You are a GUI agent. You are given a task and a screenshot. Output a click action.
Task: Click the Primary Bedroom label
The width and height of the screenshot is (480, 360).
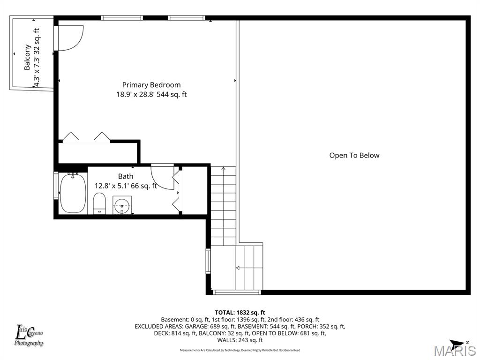tap(151, 85)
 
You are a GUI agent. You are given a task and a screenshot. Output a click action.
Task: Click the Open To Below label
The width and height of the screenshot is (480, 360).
tap(354, 155)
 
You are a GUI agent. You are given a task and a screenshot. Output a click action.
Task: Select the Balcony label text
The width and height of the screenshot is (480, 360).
tap(28, 57)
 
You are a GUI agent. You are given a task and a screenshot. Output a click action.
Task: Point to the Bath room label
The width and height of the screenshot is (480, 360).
tap(125, 176)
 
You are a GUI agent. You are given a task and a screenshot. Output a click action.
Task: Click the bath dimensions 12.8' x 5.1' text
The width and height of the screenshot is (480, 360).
tap(126, 186)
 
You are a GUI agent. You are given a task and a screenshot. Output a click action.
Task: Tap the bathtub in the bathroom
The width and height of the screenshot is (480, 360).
tap(73, 193)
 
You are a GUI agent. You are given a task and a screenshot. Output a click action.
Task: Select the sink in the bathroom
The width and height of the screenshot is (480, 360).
tap(122, 205)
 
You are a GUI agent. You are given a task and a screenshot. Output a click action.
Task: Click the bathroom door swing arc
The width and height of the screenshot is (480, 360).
tap(162, 177)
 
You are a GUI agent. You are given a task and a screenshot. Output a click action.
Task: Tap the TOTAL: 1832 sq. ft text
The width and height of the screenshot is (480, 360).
tap(240, 312)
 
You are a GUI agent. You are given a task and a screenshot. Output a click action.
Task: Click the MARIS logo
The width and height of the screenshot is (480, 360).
tap(454, 351)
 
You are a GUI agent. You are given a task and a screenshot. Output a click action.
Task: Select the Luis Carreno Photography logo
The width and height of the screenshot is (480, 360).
tap(29, 336)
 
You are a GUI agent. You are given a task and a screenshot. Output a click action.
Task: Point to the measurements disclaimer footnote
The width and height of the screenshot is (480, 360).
tap(240, 350)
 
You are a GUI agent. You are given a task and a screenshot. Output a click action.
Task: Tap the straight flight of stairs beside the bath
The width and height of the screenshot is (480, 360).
tap(223, 206)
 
